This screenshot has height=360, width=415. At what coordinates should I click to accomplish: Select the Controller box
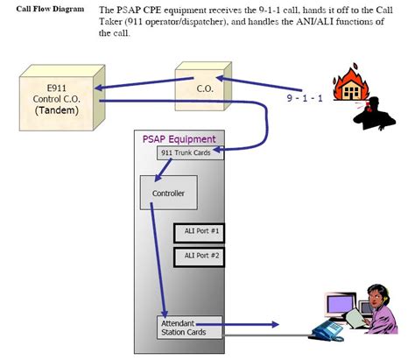(168, 192)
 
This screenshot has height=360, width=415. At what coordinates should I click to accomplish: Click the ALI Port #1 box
(200, 232)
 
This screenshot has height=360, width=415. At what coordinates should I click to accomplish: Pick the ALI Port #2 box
(200, 256)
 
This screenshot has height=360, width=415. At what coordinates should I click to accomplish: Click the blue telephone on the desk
(332, 328)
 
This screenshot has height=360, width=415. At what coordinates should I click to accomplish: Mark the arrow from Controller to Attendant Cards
(158, 263)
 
